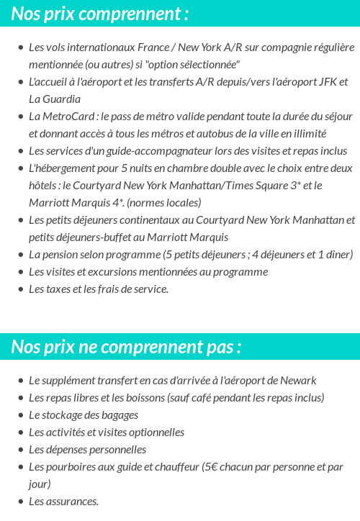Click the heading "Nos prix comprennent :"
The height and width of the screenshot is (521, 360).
click(x=100, y=13)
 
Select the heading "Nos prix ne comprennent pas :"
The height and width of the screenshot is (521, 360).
click(x=126, y=347)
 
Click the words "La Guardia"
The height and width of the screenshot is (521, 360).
click(x=55, y=99)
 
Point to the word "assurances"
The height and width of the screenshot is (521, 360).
click(x=71, y=502)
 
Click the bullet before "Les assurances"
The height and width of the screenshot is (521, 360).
click(x=20, y=502)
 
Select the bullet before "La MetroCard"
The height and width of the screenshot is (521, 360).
click(x=20, y=117)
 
